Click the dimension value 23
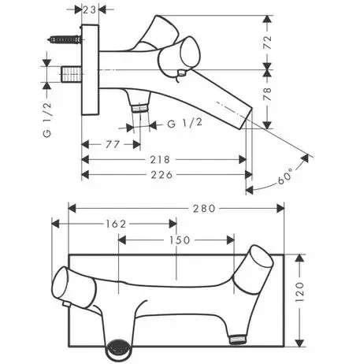(90, 10)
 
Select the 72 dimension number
(268, 43)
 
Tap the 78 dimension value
(268, 95)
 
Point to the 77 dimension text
(113, 144)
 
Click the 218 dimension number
(160, 159)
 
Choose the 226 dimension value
(161, 174)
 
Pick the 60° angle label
(285, 176)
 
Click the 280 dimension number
(204, 209)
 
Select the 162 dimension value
(116, 224)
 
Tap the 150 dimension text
(180, 240)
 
